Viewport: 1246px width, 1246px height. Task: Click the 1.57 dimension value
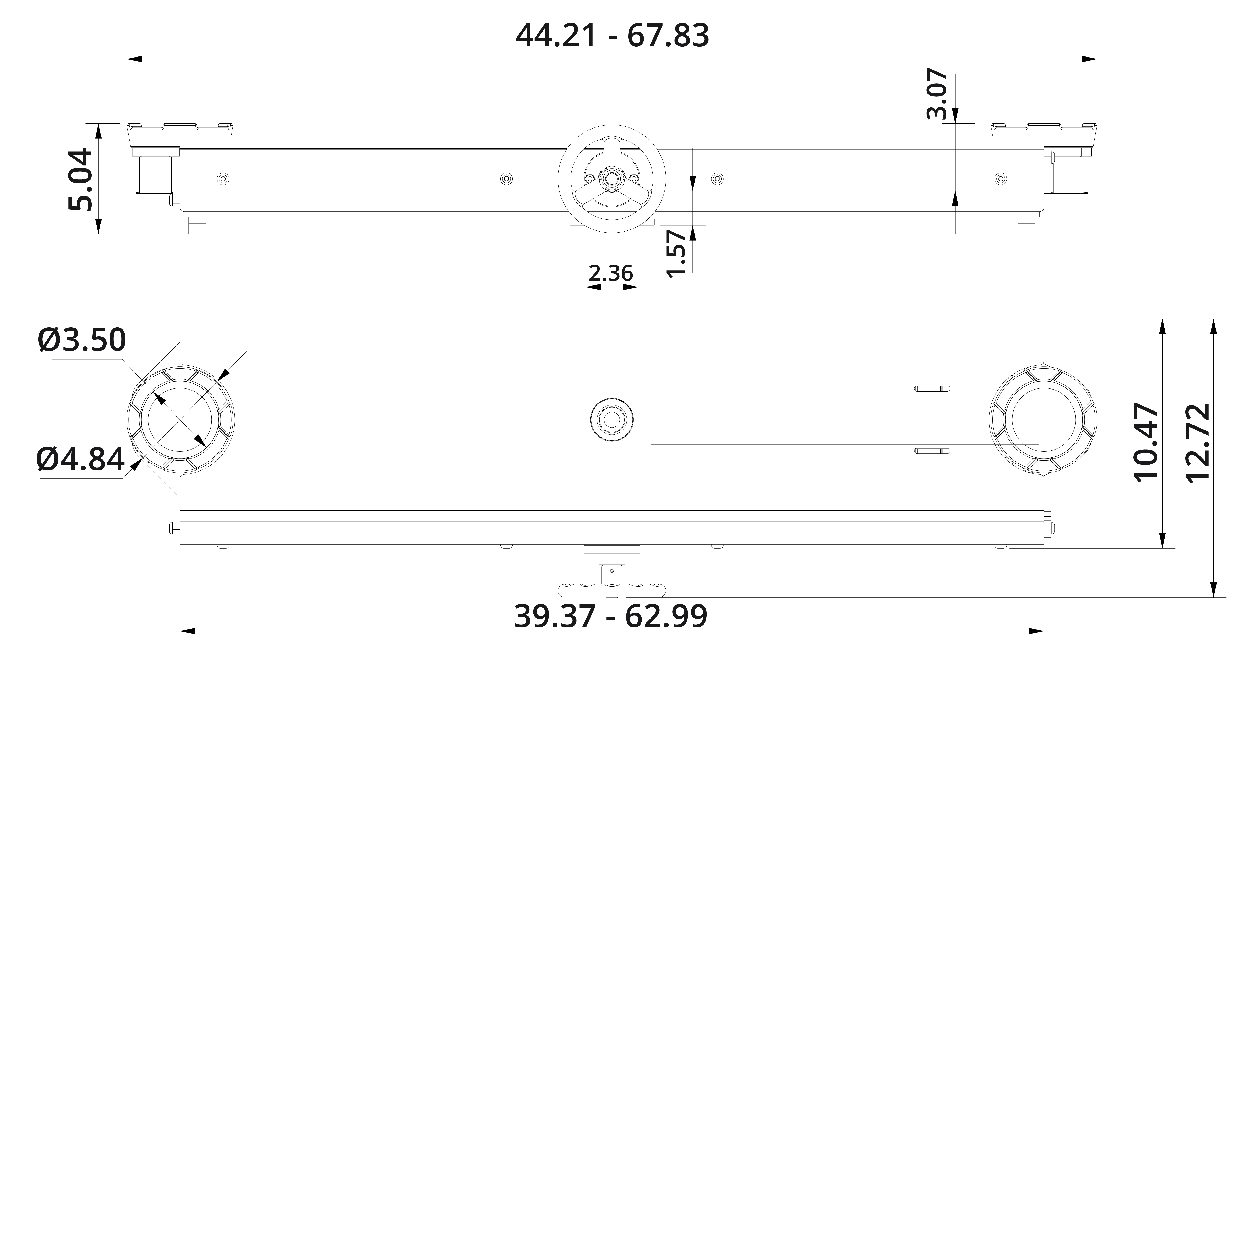pyautogui.click(x=677, y=254)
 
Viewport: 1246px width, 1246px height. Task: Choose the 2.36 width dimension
pyautogui.click(x=611, y=273)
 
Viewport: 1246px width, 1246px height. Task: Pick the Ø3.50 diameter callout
pyautogui.click(x=82, y=340)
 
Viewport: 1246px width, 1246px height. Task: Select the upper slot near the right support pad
pyautogui.click(x=932, y=388)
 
